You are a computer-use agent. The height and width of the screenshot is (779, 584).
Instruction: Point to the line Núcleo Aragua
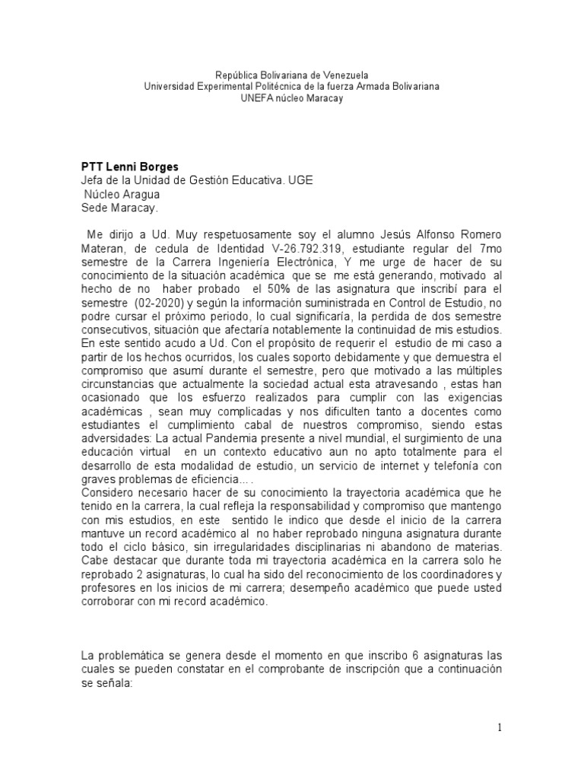122,193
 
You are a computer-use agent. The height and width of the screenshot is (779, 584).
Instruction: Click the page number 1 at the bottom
500,728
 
